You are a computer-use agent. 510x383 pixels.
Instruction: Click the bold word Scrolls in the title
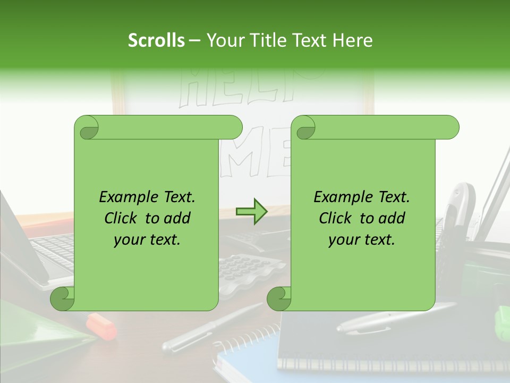157,40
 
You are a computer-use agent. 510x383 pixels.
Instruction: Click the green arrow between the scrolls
252,211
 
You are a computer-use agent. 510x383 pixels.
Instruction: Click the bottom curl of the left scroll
62,298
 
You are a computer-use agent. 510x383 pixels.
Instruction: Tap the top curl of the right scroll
305,128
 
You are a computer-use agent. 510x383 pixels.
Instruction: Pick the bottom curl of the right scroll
279,298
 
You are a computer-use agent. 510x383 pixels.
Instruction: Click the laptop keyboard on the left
53,250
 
